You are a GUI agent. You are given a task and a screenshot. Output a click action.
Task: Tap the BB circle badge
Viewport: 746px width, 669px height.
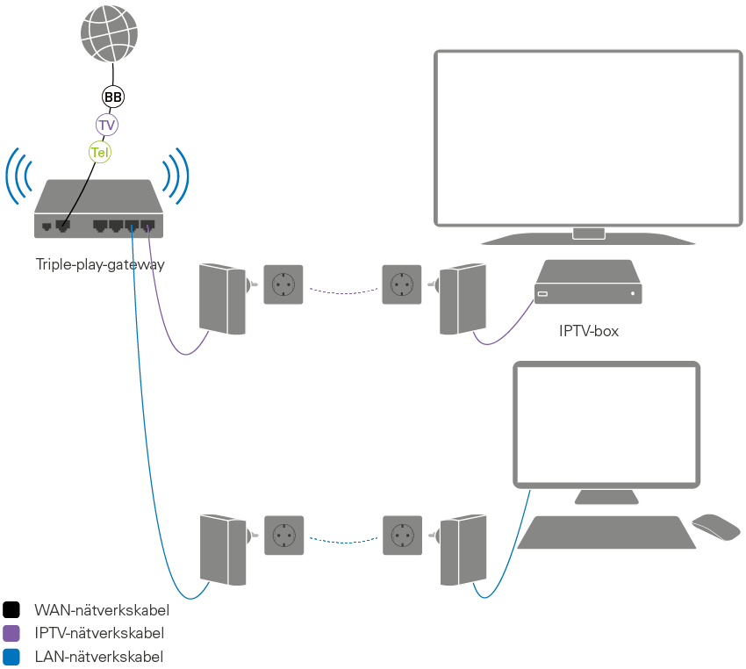(112, 97)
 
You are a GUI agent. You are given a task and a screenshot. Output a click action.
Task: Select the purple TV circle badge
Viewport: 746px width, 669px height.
(107, 126)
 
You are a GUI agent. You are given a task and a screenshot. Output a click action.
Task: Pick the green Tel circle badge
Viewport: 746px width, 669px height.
(101, 153)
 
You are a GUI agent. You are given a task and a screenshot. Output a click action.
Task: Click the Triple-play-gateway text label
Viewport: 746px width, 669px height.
(100, 264)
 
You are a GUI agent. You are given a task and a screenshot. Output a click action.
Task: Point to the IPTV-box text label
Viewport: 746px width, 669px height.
(589, 331)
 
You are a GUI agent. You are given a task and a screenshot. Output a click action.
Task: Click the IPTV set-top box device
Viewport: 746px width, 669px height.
(587, 284)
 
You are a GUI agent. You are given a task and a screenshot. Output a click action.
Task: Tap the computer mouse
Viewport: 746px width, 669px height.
(716, 527)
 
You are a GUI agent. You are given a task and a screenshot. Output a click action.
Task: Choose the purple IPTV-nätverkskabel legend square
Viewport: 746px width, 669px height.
(11, 633)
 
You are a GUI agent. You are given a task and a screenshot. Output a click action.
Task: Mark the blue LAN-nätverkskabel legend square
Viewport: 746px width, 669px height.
(11, 656)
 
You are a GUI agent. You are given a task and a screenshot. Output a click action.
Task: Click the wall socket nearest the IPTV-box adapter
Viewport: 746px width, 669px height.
(402, 284)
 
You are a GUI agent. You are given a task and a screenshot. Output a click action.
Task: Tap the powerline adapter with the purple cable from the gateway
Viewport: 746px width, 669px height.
(223, 299)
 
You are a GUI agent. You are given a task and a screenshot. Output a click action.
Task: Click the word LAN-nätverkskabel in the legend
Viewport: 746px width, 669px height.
(98, 656)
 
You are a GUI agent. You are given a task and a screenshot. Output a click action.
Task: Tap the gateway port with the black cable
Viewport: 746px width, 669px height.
(62, 226)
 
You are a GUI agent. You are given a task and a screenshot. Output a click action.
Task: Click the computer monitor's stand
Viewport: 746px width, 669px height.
(606, 497)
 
